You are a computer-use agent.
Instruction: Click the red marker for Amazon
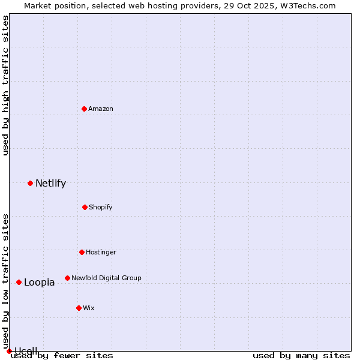[x=85, y=109]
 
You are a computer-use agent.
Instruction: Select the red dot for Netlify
[x=30, y=183]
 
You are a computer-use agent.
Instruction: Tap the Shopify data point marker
[x=85, y=207]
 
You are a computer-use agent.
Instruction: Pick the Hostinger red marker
[x=82, y=252]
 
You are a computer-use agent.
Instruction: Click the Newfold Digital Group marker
[x=67, y=278]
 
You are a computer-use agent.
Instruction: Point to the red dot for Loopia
[x=19, y=282]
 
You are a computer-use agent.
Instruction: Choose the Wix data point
[x=79, y=308]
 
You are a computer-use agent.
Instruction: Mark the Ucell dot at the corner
[x=9, y=351]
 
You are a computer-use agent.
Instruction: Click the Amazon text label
[x=101, y=109]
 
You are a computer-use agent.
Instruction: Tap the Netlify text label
[x=50, y=184]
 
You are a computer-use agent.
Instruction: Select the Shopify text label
[x=101, y=207]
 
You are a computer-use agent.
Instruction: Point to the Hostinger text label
[x=101, y=252]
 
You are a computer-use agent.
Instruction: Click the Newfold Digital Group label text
[x=106, y=278]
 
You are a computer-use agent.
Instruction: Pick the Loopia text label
[x=39, y=283]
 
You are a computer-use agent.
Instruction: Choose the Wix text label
[x=89, y=308]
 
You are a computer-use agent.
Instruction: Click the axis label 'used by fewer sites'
[x=62, y=355]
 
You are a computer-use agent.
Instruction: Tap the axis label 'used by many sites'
[x=301, y=355]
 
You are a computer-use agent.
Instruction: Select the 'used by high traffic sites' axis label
[x=5, y=85]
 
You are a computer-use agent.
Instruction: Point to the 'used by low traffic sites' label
[x=5, y=281]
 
